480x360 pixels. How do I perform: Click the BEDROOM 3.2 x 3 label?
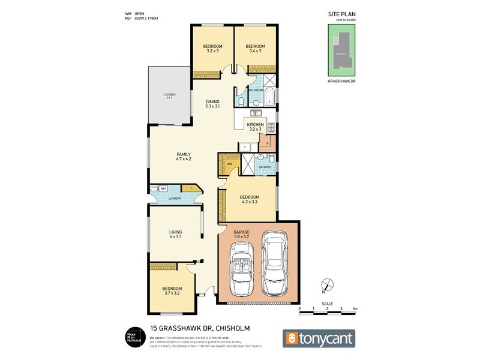(x=212, y=49)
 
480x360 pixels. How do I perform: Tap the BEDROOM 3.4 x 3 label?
(x=256, y=49)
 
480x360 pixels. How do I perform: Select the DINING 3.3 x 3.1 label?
(x=212, y=104)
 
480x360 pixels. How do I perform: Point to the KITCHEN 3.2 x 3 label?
(x=256, y=127)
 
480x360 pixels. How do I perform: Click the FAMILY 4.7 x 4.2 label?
(x=184, y=157)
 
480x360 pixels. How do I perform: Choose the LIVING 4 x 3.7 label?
(x=175, y=235)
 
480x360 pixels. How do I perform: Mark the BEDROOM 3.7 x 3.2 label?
(x=172, y=291)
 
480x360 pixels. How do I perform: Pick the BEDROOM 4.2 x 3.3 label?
(x=250, y=200)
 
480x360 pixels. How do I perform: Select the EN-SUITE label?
(x=264, y=166)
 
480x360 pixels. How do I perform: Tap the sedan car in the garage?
(x=276, y=264)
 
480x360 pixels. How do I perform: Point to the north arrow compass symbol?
(x=326, y=285)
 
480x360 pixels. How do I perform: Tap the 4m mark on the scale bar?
(x=355, y=309)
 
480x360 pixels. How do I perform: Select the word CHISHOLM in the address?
(x=226, y=328)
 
